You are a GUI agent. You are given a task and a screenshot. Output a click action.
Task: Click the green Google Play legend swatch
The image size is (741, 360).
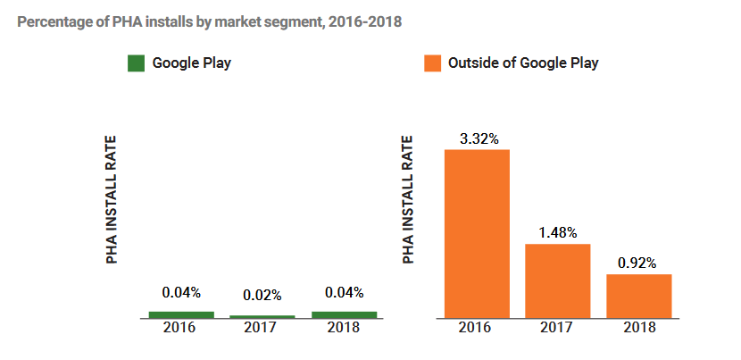(136, 63)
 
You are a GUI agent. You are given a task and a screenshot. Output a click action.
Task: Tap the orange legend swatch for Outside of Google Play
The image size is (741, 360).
(432, 63)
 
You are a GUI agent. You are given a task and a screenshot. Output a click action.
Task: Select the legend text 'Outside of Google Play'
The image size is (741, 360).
(523, 63)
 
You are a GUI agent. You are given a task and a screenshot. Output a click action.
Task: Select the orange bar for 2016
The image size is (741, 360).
(477, 233)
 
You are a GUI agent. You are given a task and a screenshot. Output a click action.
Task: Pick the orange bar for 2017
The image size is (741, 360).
(558, 280)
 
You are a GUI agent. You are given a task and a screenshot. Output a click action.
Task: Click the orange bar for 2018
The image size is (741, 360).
(638, 296)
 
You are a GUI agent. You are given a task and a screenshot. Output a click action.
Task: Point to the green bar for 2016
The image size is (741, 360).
(181, 314)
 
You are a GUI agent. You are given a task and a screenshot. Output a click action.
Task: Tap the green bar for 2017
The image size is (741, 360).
(262, 316)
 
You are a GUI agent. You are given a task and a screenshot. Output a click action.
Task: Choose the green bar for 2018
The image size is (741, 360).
(344, 314)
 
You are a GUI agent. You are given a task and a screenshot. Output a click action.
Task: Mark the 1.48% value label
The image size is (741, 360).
(558, 232)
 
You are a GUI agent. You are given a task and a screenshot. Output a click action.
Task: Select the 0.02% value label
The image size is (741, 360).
(262, 295)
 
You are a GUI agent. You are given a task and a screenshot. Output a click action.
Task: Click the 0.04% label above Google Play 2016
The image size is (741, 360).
(181, 292)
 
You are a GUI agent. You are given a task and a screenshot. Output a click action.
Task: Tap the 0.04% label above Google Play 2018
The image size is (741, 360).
(344, 292)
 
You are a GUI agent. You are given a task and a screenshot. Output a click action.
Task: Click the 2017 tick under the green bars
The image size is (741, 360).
(262, 328)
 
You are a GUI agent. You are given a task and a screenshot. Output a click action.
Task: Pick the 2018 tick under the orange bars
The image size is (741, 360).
(638, 328)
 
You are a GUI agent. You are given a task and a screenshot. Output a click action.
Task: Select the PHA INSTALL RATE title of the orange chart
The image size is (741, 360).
(408, 199)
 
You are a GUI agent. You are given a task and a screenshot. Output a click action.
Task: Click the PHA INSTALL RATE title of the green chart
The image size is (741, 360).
(112, 199)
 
